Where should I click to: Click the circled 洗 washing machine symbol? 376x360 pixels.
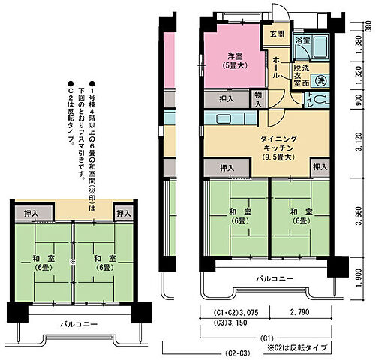pyautogui.click(x=321, y=79)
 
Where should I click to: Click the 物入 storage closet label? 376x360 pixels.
pyautogui.click(x=259, y=98)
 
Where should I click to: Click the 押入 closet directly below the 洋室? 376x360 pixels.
pyautogui.click(x=226, y=98)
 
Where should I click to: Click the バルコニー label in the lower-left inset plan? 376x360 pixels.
pyautogui.click(x=79, y=324)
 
